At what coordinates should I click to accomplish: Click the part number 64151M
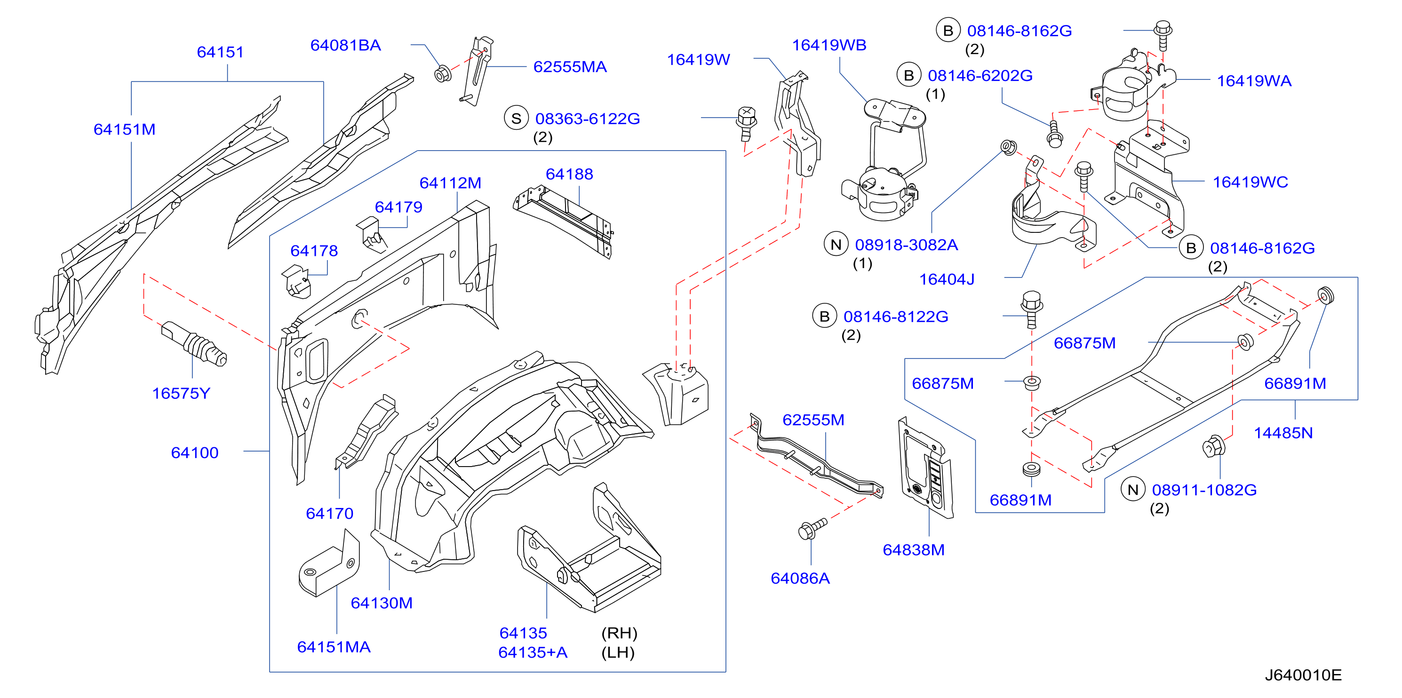coord(124,129)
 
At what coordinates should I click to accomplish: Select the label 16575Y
coord(181,393)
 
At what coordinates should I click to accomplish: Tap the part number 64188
coord(569,174)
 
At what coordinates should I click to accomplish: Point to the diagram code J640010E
coord(1303,675)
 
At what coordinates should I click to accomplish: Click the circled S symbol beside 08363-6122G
coord(516,118)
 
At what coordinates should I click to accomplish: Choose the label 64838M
coord(913,550)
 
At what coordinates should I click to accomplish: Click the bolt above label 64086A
coord(812,528)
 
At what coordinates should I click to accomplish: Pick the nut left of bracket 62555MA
coord(443,73)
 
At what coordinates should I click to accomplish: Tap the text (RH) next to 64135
coord(619,633)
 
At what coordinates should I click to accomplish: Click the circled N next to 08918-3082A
coord(836,244)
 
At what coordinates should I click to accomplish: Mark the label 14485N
coord(1283,433)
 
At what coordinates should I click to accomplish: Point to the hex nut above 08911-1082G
coord(1214,447)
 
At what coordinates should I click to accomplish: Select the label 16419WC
coord(1250,182)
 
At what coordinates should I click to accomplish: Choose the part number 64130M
coord(382,603)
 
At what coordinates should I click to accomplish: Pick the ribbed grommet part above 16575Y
coord(194,343)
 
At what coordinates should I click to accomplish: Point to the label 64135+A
coord(533,653)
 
